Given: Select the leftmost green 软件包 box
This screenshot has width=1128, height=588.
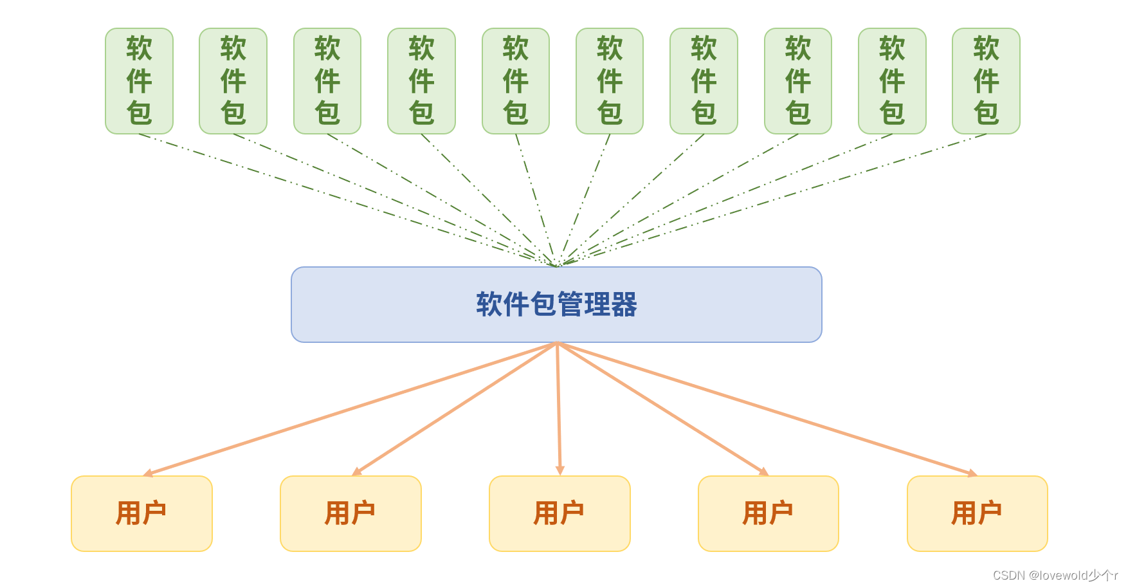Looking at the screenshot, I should click(139, 81).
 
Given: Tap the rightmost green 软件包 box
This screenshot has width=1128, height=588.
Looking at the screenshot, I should click(986, 81).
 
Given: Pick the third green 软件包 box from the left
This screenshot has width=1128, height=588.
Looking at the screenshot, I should click(327, 81).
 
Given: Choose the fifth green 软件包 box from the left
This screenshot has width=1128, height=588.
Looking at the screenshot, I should click(516, 81).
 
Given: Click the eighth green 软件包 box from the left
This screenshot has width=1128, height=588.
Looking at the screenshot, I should click(798, 81).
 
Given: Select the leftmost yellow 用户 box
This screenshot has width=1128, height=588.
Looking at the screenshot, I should click(141, 513).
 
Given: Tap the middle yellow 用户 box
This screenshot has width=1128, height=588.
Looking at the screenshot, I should click(559, 513).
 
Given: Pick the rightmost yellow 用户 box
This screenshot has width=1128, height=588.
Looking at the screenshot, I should click(978, 513).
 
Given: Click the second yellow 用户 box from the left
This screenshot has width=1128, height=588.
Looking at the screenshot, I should click(350, 513).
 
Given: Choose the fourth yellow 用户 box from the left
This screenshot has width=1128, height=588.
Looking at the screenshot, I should click(769, 513).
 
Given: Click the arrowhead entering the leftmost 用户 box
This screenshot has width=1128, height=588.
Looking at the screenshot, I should click(147, 473).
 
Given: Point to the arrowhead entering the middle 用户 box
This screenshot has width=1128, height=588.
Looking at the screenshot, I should click(560, 471).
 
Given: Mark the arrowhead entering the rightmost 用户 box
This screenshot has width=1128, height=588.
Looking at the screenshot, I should click(972, 473).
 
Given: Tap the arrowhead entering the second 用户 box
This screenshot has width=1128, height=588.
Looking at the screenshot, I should click(356, 472).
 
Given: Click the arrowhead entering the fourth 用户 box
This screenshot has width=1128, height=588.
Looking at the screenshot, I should click(764, 472).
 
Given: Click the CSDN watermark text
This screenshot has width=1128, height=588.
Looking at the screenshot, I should click(1055, 575).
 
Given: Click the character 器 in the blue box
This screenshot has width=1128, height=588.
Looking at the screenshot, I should click(624, 304).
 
